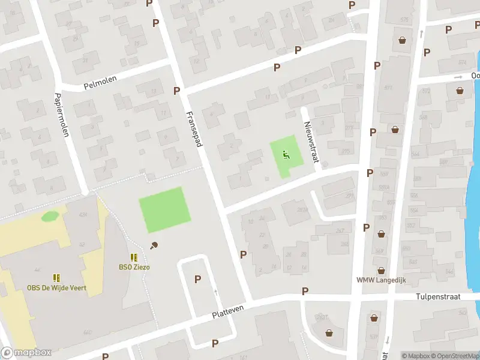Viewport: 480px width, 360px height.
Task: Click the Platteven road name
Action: (229, 311)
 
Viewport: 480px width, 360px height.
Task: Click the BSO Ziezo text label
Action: (134, 267)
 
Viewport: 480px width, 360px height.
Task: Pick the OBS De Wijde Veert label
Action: (56, 288)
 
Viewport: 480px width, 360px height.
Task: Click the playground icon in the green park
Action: (286, 155)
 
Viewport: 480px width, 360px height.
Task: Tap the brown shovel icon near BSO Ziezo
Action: (154, 245)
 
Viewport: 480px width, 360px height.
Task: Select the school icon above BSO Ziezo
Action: (134, 257)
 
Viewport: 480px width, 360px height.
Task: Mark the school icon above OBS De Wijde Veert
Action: (56, 278)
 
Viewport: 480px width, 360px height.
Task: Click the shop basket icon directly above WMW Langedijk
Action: (380, 270)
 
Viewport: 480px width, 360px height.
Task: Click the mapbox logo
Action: (26, 352)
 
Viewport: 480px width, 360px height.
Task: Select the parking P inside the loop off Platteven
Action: (197, 279)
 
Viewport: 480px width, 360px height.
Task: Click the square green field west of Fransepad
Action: (164, 209)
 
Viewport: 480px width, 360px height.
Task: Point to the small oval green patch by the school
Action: (50, 215)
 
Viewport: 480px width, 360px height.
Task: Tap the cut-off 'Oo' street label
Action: (475, 76)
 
